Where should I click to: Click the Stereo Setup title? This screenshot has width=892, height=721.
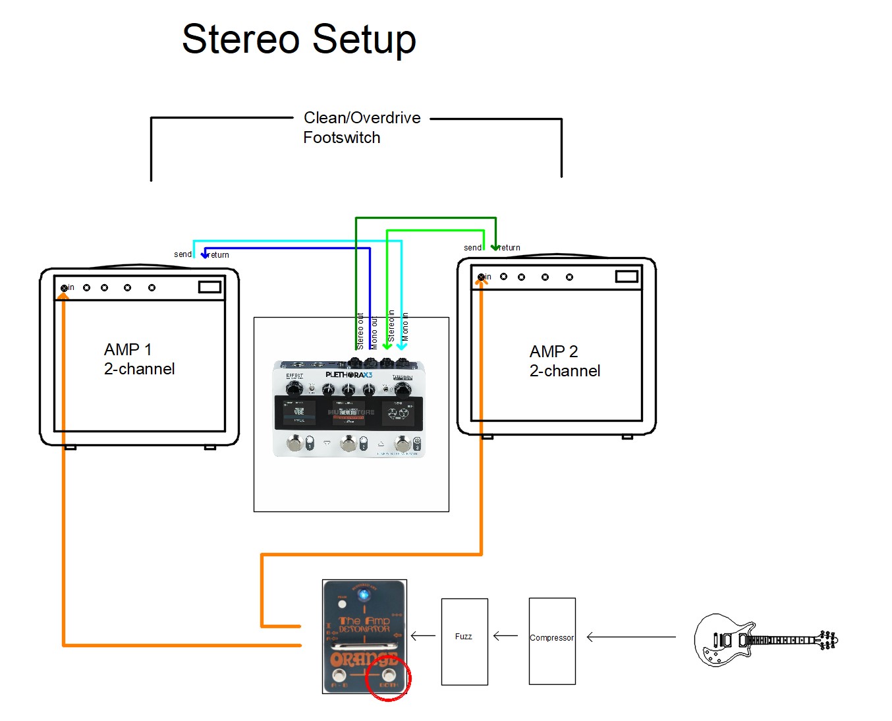click(298, 40)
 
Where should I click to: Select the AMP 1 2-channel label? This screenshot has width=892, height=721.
click(139, 359)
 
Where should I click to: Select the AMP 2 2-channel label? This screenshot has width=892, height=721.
click(564, 361)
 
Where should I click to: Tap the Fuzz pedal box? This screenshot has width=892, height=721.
click(464, 641)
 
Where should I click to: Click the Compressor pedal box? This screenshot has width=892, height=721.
click(552, 641)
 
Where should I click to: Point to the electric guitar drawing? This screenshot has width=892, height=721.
click(764, 639)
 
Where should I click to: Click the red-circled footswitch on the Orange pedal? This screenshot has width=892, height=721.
click(389, 676)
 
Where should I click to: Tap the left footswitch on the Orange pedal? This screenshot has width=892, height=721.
click(339, 676)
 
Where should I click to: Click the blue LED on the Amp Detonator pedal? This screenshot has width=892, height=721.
click(363, 595)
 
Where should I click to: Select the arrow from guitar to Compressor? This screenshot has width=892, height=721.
click(630, 637)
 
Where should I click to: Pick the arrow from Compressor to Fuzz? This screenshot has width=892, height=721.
click(505, 636)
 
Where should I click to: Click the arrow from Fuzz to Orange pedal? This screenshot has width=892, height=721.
click(423, 636)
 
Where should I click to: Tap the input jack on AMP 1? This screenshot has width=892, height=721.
click(64, 288)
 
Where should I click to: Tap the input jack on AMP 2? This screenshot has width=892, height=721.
click(481, 277)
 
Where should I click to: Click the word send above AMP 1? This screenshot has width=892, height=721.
click(182, 254)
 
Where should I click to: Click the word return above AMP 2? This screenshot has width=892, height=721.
click(510, 248)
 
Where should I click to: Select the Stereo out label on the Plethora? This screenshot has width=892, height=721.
click(360, 331)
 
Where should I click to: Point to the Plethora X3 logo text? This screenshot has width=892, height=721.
click(348, 375)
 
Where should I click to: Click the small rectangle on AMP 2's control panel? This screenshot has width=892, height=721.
click(627, 277)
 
